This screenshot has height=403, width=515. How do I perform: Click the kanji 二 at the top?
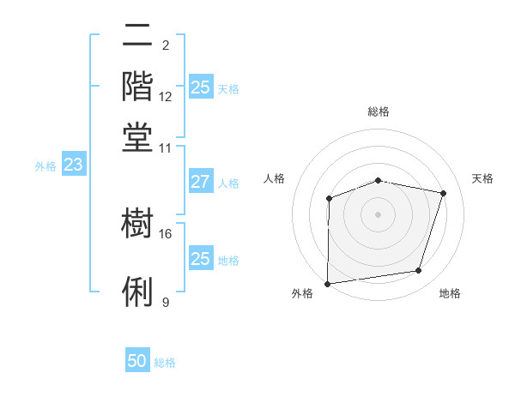[x=138, y=37]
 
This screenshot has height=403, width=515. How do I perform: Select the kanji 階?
[x=138, y=87]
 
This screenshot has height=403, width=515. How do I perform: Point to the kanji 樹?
[x=138, y=226]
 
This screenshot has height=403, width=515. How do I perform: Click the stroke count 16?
[x=166, y=233]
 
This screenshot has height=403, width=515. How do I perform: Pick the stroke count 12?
[x=166, y=96]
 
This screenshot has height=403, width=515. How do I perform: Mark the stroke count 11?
[x=166, y=147]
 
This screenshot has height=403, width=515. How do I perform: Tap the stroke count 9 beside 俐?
[x=165, y=302]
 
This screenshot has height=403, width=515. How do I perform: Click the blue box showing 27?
[x=200, y=182]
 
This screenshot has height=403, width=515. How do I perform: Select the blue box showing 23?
[x=73, y=165]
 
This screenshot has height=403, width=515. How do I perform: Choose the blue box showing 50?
[x=137, y=362]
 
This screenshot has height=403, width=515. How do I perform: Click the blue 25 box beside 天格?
[x=200, y=87]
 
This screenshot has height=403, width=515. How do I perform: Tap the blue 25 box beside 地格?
[x=200, y=259]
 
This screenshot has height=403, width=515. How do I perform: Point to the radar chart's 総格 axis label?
[x=379, y=111]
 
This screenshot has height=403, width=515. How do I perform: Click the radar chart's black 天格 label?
[x=483, y=178]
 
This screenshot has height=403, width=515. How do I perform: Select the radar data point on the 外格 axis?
[x=328, y=283]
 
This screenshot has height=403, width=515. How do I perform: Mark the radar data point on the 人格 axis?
[x=330, y=199]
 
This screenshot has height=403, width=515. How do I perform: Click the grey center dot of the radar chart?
[x=379, y=214]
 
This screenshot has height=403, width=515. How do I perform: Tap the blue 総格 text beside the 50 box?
[x=165, y=363]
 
